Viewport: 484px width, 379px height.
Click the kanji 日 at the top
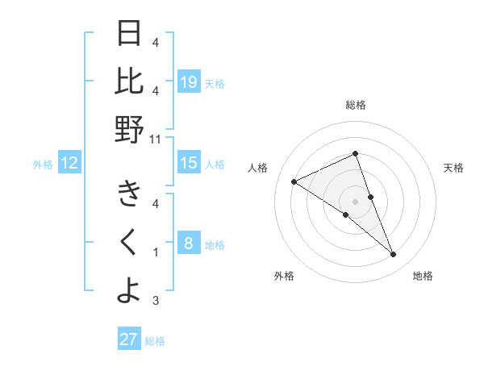[x=129, y=34]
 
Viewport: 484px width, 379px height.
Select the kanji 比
[x=129, y=81]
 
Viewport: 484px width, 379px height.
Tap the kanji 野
[x=129, y=129]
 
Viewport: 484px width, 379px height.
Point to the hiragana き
[x=129, y=194]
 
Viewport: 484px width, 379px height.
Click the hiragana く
[x=129, y=242]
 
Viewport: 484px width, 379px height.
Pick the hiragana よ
[x=129, y=290]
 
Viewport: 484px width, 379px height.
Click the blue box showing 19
[x=188, y=81]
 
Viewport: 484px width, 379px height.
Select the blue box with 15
[x=188, y=164]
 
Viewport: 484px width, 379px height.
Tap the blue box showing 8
[x=188, y=244]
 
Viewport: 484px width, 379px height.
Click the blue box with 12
[x=69, y=164]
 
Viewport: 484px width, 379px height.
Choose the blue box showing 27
[x=129, y=339]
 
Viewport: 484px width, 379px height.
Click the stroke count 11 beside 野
[x=156, y=139]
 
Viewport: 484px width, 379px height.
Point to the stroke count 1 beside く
[x=156, y=252]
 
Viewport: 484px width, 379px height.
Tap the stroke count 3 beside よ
[x=156, y=301]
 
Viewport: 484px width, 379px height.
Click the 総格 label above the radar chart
[x=356, y=105]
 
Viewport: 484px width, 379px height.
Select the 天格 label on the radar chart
[x=453, y=168]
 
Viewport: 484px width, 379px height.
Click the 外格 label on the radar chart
[x=283, y=276]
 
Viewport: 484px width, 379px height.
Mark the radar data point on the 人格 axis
[x=294, y=181]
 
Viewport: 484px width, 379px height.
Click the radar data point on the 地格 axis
[x=394, y=255]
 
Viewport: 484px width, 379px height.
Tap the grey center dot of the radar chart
[x=355, y=201]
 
